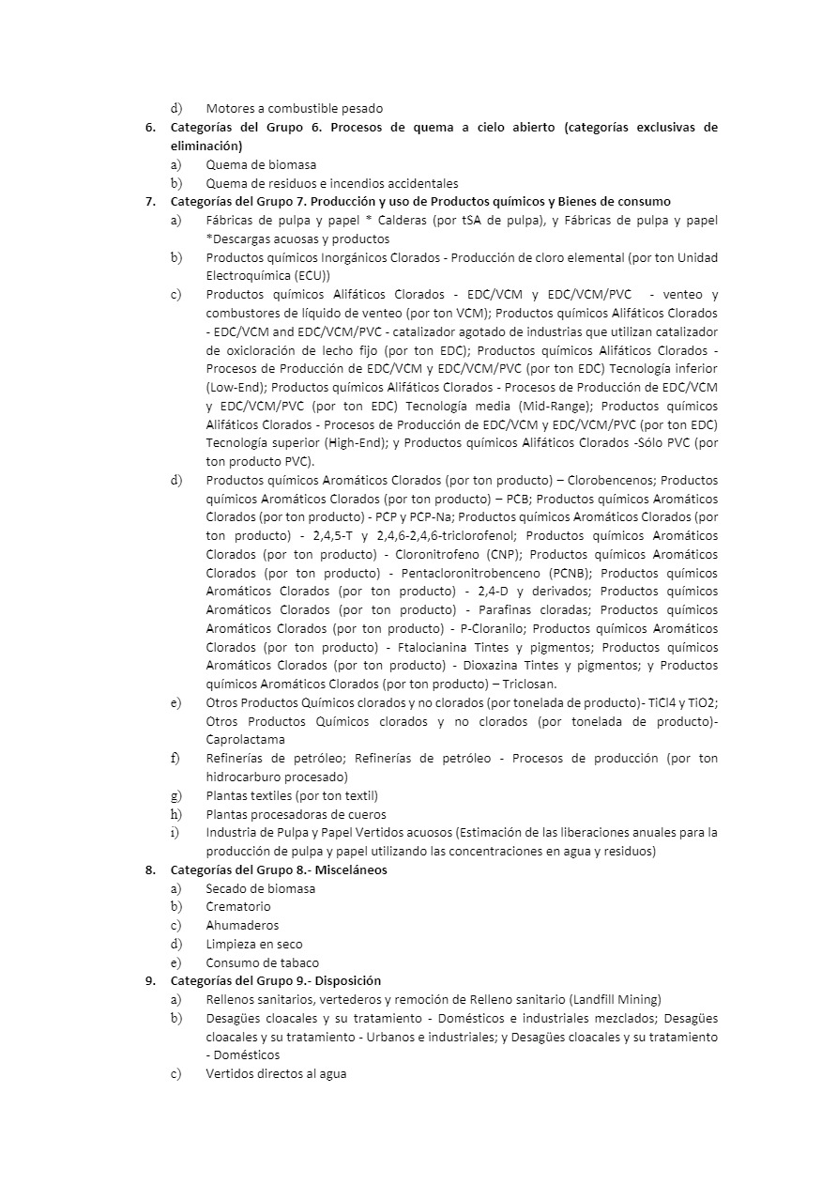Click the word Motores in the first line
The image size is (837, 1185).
coord(231,109)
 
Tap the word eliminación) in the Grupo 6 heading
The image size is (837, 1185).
coord(205,146)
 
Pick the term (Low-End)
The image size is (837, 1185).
coord(236,387)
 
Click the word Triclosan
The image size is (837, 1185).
coord(523,685)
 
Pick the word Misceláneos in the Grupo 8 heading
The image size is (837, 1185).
coord(351,870)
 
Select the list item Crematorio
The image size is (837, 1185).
coord(238,907)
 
